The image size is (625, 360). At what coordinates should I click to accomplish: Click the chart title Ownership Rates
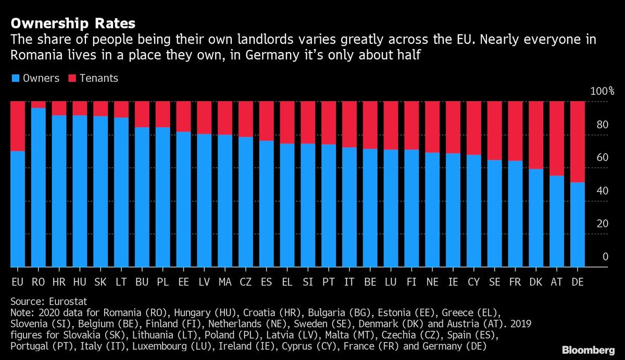73,23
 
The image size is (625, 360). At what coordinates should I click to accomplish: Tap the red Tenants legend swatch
71,79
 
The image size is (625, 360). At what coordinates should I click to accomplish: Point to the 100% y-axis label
602,91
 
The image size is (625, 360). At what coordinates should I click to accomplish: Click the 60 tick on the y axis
602,157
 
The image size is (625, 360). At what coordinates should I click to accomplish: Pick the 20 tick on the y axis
602,224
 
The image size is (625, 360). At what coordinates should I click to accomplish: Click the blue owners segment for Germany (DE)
578,224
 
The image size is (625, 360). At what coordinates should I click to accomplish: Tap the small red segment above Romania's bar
39,105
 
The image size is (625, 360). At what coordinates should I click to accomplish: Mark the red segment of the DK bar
536,135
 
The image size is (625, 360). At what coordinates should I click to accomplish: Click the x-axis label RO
39,282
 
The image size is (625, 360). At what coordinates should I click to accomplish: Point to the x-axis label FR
515,282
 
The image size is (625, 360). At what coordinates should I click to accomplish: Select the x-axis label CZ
246,282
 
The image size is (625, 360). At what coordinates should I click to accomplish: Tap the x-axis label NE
432,282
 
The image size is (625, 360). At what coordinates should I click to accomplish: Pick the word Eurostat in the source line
66,301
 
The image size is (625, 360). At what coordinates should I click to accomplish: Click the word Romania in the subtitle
33,54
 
